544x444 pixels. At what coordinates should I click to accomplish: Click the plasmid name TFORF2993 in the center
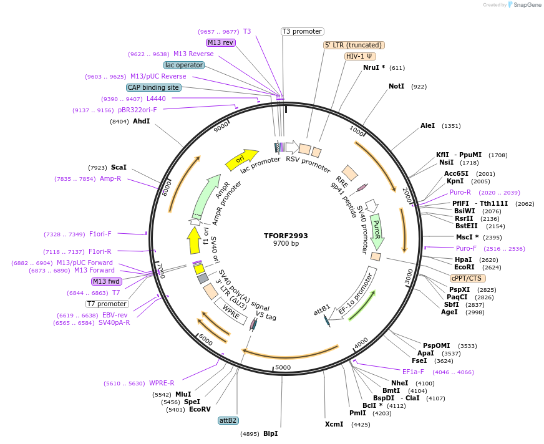pos(286,236)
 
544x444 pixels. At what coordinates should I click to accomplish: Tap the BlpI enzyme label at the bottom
pos(270,433)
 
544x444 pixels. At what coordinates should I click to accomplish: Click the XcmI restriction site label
pos(334,425)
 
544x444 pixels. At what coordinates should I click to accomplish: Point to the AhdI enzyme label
pos(141,121)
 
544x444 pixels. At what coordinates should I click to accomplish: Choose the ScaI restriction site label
pos(119,167)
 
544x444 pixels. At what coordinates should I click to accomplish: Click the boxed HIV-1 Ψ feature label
pos(359,56)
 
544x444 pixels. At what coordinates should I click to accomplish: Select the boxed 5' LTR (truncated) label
pos(354,45)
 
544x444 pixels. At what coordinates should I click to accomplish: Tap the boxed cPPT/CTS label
pos(467,278)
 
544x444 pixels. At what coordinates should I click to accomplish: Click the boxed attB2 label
pos(228,420)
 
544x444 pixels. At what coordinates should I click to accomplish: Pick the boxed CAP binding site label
pos(153,88)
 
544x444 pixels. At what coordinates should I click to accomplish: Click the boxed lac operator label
pos(184,65)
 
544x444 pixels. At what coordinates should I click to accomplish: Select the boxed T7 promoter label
pos(107,304)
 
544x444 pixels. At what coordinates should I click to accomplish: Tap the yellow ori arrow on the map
pos(241,160)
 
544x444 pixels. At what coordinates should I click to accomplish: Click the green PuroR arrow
pos(376,229)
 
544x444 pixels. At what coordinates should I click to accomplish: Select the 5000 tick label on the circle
pos(283,367)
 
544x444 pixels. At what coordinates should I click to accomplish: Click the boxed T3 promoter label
pos(302,31)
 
